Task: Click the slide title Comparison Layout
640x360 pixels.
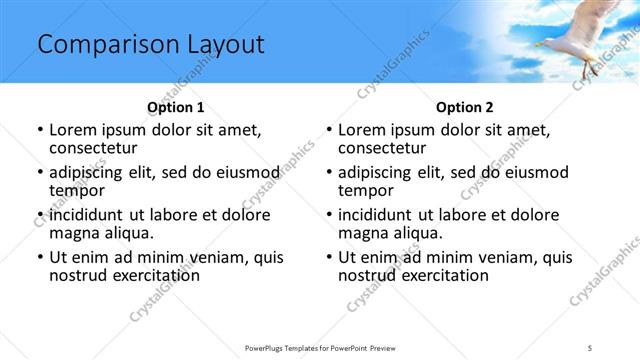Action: pos(150,45)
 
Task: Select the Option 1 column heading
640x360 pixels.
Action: pos(175,107)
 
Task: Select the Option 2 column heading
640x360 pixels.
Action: pos(464,107)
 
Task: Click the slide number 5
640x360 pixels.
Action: pos(590,346)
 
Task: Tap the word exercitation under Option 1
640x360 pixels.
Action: pos(148,275)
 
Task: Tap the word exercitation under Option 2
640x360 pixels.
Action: pos(437,275)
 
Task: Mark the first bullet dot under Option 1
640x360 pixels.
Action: pos(40,130)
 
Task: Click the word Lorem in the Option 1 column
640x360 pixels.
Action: pos(74,129)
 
